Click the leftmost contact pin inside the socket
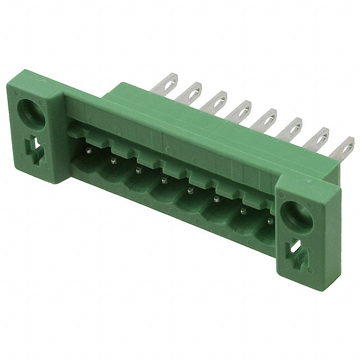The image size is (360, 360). (88, 151)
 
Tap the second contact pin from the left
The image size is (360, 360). (113, 161)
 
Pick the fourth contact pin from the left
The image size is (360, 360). (164, 181)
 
